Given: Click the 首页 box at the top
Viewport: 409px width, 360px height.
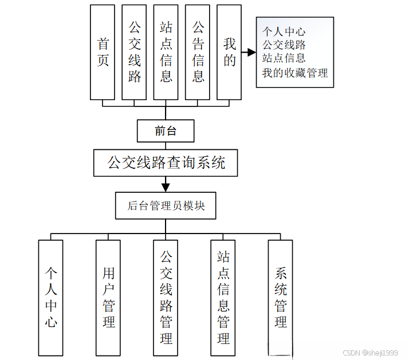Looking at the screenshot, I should pyautogui.click(x=103, y=52).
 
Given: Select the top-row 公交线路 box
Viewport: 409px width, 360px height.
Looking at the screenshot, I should pyautogui.click(x=135, y=52).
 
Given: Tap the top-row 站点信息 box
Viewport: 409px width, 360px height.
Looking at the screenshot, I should pyautogui.click(x=166, y=52).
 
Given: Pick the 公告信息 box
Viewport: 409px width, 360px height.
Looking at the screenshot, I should pyautogui.click(x=198, y=52).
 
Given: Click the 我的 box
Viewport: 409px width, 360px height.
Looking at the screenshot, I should pyautogui.click(x=230, y=52).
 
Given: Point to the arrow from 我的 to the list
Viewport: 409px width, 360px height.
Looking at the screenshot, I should pyautogui.click(x=249, y=53).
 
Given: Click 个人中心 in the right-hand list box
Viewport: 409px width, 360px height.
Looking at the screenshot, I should pyautogui.click(x=284, y=31).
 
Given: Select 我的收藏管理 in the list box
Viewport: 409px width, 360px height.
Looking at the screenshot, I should pyautogui.click(x=295, y=73).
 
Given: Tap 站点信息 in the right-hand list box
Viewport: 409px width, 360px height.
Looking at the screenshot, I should pyautogui.click(x=284, y=58).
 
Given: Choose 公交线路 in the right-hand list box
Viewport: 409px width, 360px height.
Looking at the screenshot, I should pyautogui.click(x=284, y=45).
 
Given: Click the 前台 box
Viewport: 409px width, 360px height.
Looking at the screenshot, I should pyautogui.click(x=166, y=131).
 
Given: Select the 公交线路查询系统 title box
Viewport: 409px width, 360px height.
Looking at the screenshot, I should pyautogui.click(x=166, y=163).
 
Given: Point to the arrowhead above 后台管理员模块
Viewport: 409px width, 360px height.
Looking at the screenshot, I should pyautogui.click(x=166, y=186).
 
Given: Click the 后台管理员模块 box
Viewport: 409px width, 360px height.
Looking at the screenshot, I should pyautogui.click(x=166, y=205).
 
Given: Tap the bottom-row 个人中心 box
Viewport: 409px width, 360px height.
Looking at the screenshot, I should pyautogui.click(x=50, y=298).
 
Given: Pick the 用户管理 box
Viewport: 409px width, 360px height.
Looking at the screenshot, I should pyautogui.click(x=108, y=298).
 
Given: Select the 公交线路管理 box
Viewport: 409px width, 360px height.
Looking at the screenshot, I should pyautogui.click(x=166, y=298).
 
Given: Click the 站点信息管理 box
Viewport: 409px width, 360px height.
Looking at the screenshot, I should pyautogui.click(x=223, y=298).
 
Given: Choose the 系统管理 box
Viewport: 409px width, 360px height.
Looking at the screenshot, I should pyautogui.click(x=281, y=298).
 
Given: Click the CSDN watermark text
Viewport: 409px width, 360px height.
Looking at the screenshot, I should pyautogui.click(x=369, y=353).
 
